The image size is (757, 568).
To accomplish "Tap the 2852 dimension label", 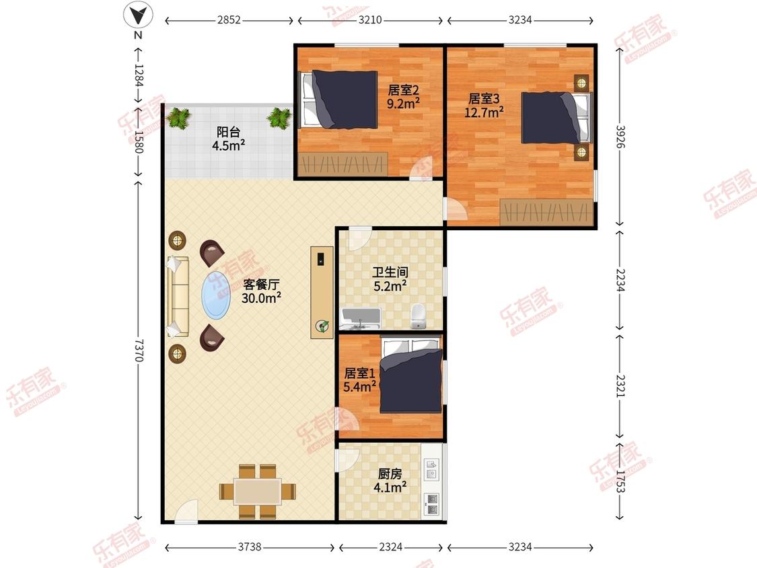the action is click(228, 20).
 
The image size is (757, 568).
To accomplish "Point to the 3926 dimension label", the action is click(620, 137).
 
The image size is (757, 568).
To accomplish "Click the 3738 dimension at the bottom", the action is click(250, 546).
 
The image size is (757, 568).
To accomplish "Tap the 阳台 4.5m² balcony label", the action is click(228, 139).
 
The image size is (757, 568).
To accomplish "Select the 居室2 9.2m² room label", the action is click(403, 97).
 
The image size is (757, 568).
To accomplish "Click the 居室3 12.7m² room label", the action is click(484, 105).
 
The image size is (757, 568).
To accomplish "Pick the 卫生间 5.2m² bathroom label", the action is click(390, 279).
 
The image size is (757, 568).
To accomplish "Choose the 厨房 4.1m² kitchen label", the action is click(390, 481).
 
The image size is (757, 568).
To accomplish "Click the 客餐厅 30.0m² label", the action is click(261, 291).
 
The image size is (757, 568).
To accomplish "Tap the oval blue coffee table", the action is click(215, 295).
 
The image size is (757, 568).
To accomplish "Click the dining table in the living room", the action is click(258, 492).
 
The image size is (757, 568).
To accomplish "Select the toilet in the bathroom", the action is click(418, 316).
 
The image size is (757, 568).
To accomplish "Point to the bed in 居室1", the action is click(411, 376).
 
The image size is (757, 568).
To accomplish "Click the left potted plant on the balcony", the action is click(178, 118).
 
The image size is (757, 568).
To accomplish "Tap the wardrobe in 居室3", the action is click(546, 212).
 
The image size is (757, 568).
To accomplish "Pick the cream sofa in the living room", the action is click(178, 297).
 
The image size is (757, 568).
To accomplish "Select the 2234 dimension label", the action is click(620, 280).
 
